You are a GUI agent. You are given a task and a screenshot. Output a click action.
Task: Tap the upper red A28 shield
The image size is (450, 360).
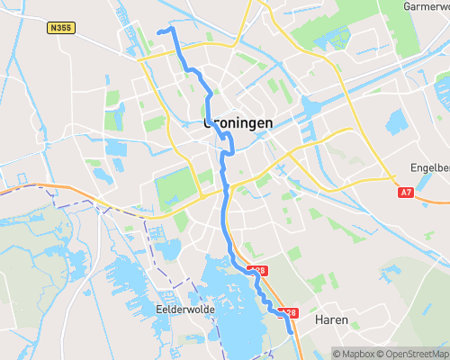pos(258,269)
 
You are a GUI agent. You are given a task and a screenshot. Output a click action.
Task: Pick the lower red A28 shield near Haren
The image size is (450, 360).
pos(288,312)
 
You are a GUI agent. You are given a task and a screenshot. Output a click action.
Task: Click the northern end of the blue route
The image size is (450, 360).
pos(159,31)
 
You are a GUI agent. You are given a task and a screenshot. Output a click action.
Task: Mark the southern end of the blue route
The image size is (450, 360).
pos(291,331)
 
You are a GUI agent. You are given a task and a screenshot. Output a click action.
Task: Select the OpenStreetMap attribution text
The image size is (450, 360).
pos(415,353)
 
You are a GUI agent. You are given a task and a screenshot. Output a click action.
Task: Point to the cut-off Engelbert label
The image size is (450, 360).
pos(429,167)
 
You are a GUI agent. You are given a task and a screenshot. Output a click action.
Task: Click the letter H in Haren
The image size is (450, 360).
pos(319,319)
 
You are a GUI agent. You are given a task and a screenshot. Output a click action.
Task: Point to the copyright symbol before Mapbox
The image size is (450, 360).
pos(337,353)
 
